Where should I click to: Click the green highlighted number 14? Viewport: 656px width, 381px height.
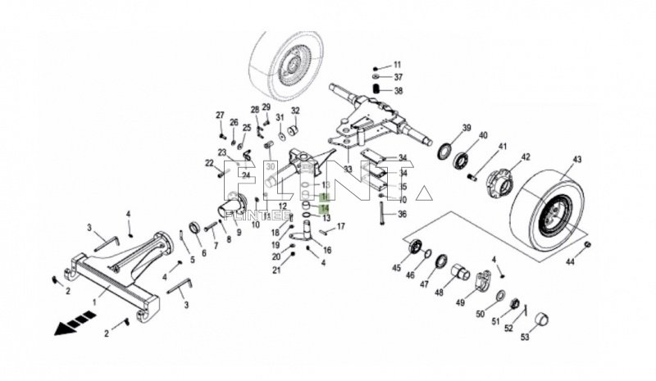click(325, 209)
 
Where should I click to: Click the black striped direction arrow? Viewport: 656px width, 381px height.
click(71, 325)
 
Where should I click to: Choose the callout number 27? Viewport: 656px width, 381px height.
click(220, 114)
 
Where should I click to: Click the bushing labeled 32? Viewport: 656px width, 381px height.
click(290, 129)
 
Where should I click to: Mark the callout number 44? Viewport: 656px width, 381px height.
click(569, 262)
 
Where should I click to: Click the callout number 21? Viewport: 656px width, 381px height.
click(276, 270)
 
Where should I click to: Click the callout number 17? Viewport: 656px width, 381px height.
click(341, 225)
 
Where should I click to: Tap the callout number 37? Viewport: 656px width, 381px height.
click(398, 78)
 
